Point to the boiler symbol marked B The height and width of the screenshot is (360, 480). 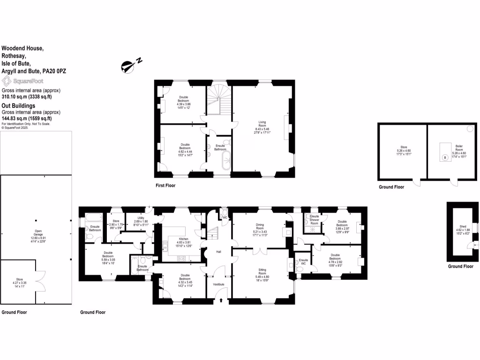coord(445,158)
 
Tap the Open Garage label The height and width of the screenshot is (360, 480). coord(36,233)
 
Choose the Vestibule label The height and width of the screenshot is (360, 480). coord(219,284)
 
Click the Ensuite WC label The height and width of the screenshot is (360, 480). coord(303,262)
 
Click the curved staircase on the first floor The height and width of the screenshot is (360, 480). coord(218,96)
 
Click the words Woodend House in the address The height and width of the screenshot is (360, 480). coord(22,48)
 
